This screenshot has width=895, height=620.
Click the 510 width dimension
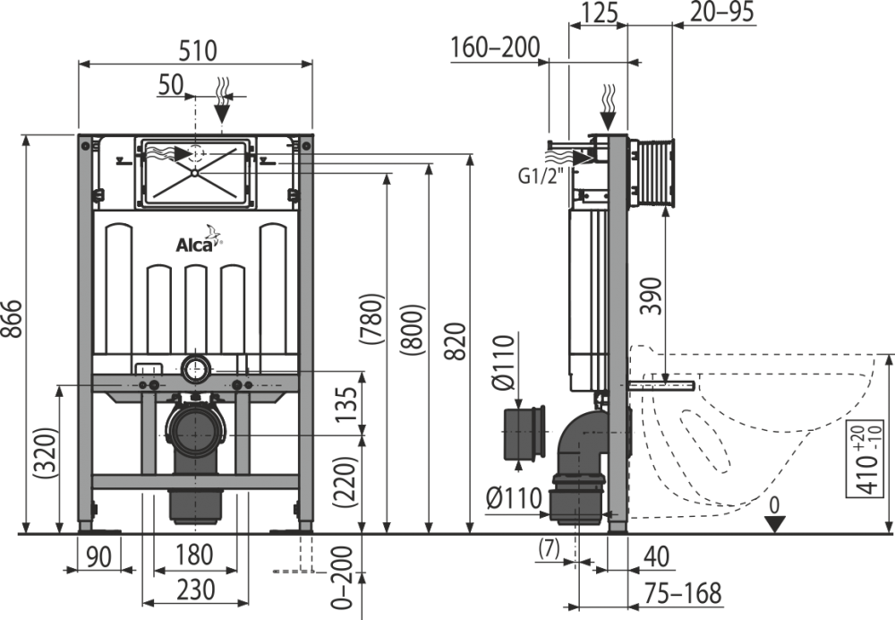(x=198, y=50)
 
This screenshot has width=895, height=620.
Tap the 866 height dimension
(x=13, y=318)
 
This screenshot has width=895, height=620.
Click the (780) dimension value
(x=371, y=318)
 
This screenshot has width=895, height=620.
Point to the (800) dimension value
(x=412, y=330)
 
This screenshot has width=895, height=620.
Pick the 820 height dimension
(x=455, y=341)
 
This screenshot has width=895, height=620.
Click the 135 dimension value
(x=345, y=404)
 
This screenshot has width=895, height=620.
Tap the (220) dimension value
(x=345, y=482)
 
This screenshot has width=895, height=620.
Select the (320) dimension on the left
(x=47, y=453)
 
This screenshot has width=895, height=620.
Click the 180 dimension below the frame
(x=194, y=555)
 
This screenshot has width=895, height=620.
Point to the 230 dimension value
(x=195, y=590)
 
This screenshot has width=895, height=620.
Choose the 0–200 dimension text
(x=342, y=578)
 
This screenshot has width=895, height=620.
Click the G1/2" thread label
(x=541, y=176)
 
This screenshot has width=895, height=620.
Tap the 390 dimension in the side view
(x=652, y=296)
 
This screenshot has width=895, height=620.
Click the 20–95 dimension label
(x=722, y=12)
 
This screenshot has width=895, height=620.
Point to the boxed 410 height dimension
(x=870, y=459)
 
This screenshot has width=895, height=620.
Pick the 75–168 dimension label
(x=683, y=593)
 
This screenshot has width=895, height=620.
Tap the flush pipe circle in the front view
(x=196, y=370)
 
